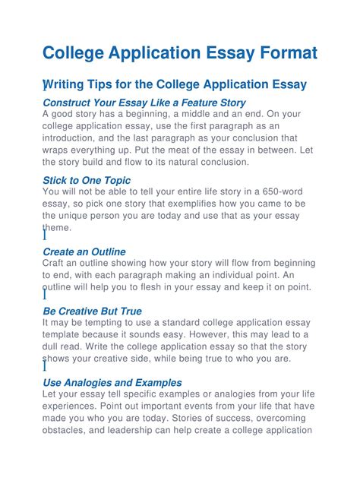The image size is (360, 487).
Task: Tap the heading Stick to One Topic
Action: [87, 180]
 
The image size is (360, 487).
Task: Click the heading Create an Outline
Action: [84, 251]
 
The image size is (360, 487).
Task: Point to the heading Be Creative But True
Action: [92, 311]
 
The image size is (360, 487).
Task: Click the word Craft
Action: [55, 263]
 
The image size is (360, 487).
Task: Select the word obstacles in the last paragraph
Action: [68, 430]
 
